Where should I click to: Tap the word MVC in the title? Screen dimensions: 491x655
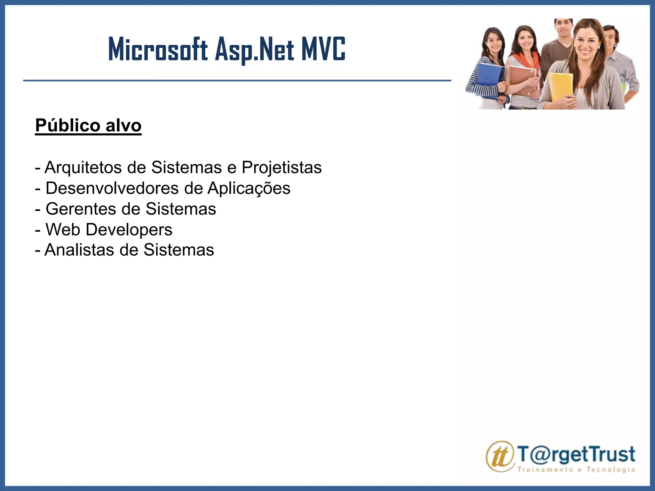click(x=323, y=50)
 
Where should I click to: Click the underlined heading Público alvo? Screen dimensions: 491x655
click(x=88, y=125)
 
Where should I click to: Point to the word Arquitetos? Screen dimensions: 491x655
click(x=83, y=168)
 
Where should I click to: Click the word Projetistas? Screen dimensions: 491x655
click(x=281, y=168)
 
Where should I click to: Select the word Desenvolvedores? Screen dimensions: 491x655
click(x=112, y=188)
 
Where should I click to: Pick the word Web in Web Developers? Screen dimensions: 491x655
click(x=63, y=230)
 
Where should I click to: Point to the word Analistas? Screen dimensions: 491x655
click(x=79, y=250)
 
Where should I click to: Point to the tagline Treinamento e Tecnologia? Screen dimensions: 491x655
click(x=576, y=469)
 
